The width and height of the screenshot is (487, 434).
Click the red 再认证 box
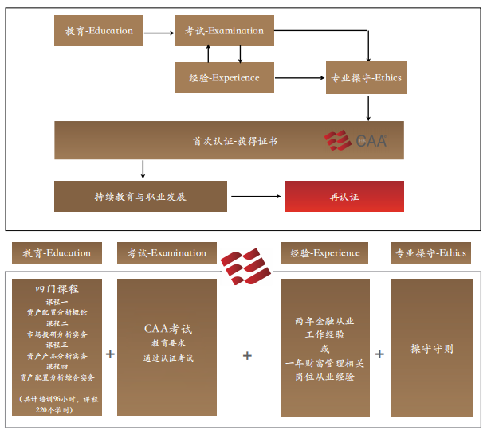tap(344, 196)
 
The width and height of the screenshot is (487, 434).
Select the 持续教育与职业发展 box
tap(140, 196)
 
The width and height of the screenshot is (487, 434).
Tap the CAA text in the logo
tap(371, 141)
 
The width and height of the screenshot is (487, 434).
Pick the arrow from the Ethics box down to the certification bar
tap(367, 107)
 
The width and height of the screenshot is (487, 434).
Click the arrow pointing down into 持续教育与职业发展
tap(143, 169)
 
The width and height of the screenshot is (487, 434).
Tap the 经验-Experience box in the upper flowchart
tap(224, 78)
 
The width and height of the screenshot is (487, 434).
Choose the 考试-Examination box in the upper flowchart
tap(224, 31)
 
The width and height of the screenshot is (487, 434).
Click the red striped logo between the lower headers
tap(245, 267)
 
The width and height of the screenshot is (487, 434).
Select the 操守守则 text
tap(432, 349)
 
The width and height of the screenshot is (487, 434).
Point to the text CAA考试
tap(167, 328)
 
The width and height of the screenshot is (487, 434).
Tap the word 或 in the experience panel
tap(324, 349)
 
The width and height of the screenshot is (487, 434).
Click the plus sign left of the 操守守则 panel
tap(379, 354)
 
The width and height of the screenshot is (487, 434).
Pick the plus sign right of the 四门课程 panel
tap(110, 354)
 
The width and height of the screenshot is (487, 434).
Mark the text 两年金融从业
tap(324, 322)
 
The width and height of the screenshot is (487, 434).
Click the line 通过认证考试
tap(168, 358)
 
